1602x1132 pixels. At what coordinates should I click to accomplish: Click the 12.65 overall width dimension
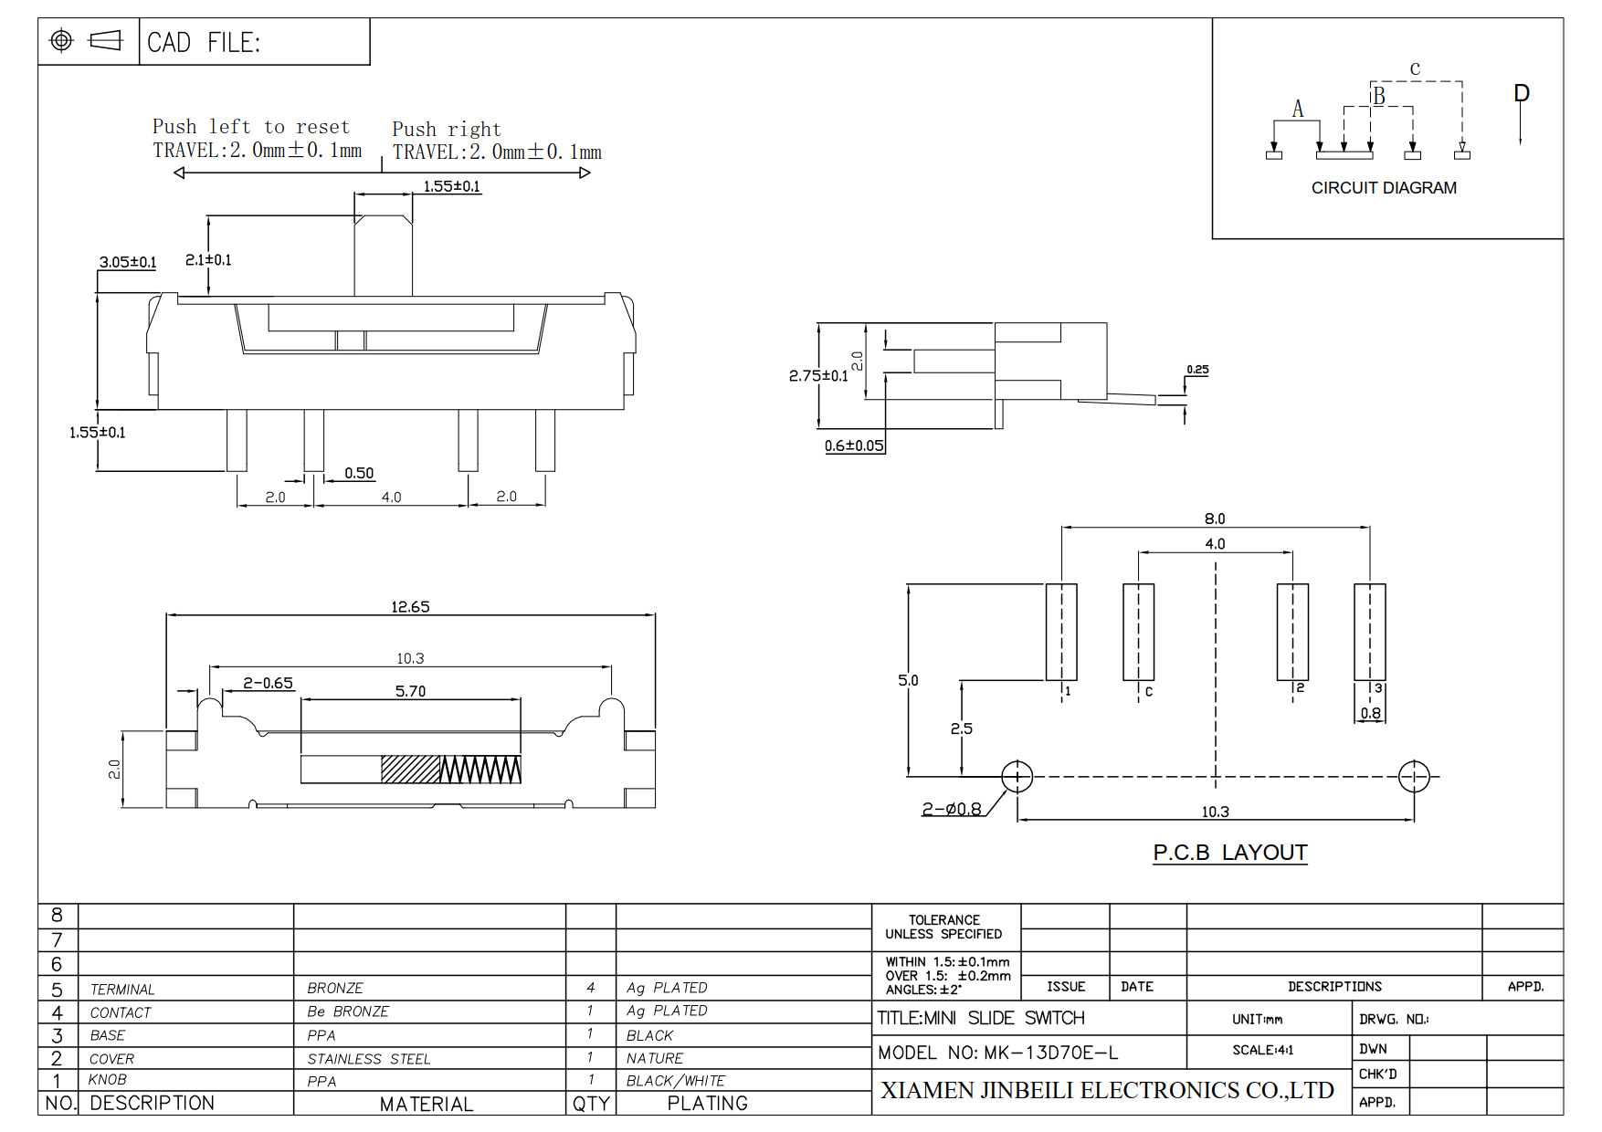410,607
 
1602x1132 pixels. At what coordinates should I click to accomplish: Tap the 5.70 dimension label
410,691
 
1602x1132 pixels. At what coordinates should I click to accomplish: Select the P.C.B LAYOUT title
1230,853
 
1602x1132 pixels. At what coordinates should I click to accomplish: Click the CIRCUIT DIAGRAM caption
1384,188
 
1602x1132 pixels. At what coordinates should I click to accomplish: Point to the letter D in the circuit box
1522,93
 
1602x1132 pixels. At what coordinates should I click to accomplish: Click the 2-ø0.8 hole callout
952,809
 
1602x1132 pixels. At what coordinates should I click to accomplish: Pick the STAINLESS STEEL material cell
369,1059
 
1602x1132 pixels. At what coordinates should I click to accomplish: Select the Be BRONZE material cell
348,1011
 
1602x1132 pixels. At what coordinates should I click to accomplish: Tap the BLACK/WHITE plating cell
676,1081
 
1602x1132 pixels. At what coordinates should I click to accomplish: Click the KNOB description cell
108,1079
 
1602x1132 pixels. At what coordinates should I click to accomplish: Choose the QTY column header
591,1104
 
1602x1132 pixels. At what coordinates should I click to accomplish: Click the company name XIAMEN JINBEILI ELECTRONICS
1107,1090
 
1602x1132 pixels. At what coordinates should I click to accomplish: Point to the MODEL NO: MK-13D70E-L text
997,1053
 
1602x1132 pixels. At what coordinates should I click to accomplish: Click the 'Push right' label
447,129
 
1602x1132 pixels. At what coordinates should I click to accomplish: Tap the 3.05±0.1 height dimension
128,262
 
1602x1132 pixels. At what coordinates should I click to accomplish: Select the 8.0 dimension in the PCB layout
1215,519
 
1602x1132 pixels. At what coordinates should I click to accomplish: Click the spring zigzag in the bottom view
480,770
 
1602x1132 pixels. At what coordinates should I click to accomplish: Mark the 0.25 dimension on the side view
1197,370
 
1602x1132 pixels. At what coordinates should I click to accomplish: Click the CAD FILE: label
204,43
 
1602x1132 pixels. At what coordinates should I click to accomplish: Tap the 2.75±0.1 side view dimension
818,375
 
